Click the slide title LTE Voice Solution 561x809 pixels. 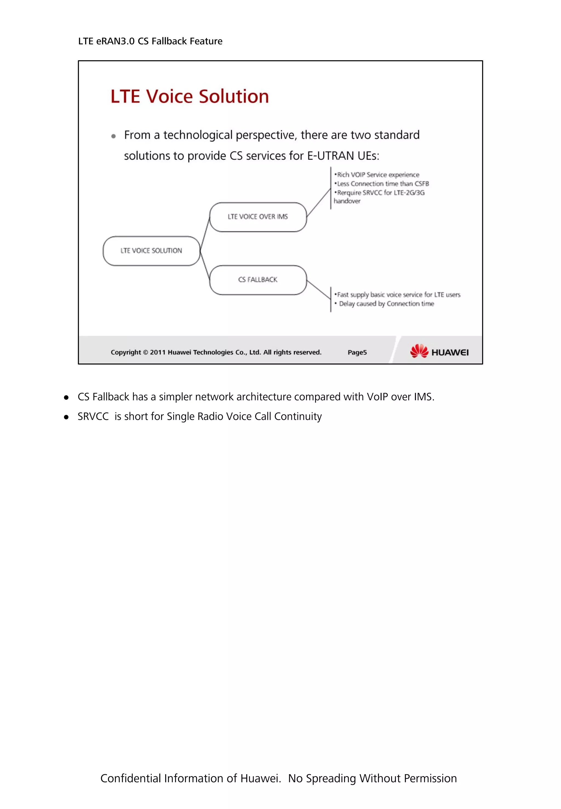click(190, 96)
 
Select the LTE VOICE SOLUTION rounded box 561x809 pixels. click(151, 251)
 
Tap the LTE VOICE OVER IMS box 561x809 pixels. click(258, 217)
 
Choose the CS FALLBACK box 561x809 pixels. click(258, 280)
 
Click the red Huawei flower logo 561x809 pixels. click(419, 351)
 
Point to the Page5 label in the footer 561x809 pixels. click(357, 352)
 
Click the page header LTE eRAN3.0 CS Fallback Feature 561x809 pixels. click(150, 41)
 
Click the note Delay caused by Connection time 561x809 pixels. click(386, 304)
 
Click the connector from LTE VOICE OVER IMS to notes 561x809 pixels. click(319, 202)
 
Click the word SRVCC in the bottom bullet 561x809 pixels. click(93, 416)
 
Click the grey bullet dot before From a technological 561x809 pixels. click(113, 136)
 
